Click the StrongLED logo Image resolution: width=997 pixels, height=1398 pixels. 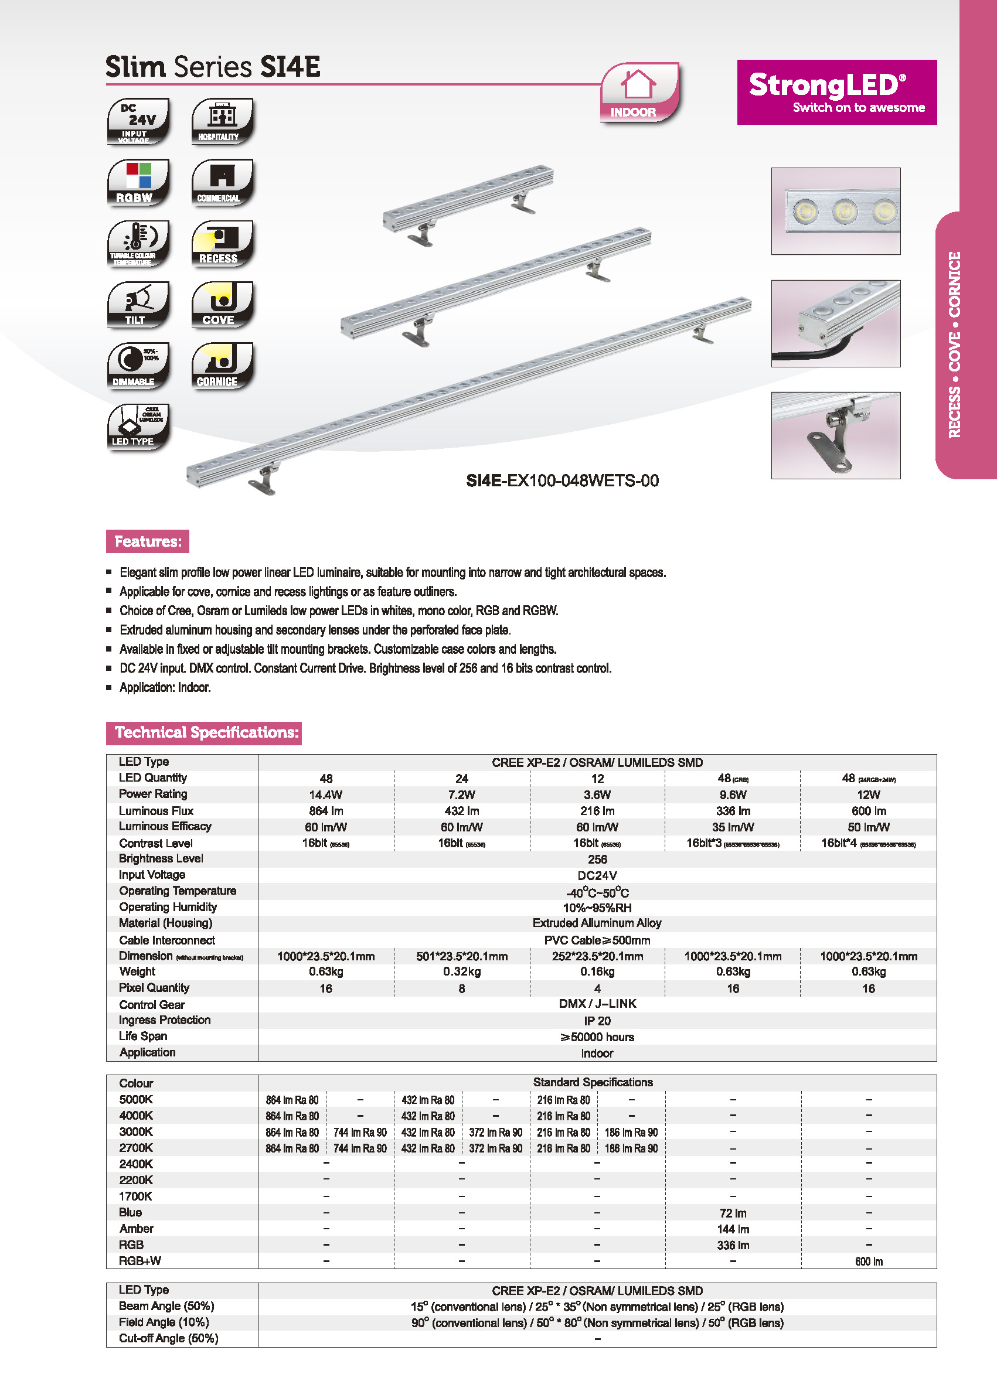pyautogui.click(x=836, y=92)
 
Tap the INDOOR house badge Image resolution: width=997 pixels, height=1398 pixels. pyautogui.click(x=639, y=93)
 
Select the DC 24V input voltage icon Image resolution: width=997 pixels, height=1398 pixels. pyautogui.click(x=138, y=121)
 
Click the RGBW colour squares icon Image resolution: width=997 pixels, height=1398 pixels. pyautogui.click(x=138, y=182)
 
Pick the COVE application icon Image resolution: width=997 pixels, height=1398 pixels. pyautogui.click(x=222, y=305)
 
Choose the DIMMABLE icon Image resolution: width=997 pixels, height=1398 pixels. pyautogui.click(x=138, y=366)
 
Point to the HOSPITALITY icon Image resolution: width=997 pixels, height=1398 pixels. pyautogui.click(x=222, y=121)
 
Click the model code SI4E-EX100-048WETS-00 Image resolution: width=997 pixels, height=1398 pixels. pyautogui.click(x=562, y=480)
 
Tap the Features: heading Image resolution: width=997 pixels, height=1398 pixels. pyautogui.click(x=147, y=541)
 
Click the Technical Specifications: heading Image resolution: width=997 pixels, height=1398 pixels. pyautogui.click(x=204, y=733)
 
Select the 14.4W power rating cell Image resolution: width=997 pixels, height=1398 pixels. pyautogui.click(x=325, y=795)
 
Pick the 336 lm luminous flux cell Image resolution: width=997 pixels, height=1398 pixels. pyautogui.click(x=733, y=811)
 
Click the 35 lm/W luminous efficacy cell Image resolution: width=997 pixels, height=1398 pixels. pyautogui.click(x=733, y=827)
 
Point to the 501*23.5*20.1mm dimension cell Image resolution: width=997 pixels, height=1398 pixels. pyautogui.click(x=462, y=956)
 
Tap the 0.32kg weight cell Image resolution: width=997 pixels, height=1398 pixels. pyautogui.click(x=462, y=971)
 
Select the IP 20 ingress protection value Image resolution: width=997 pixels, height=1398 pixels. pyautogui.click(x=597, y=1021)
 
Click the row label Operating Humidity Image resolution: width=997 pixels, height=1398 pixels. pyautogui.click(x=168, y=907)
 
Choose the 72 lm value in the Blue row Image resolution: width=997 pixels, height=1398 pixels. pyautogui.click(x=733, y=1213)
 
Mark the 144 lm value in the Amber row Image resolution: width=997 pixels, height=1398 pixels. pyautogui.click(x=733, y=1229)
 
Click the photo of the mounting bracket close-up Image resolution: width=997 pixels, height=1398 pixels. pyautogui.click(x=836, y=435)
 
